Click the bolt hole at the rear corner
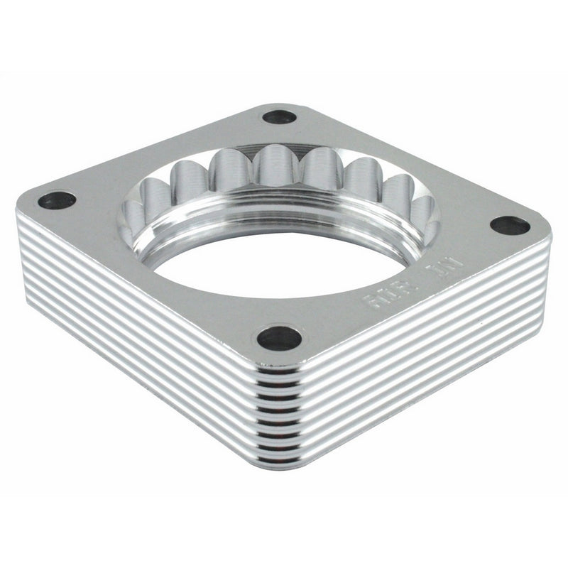[279, 116]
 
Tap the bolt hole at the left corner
[57, 200]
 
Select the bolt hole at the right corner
[510, 226]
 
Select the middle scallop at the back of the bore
[275, 167]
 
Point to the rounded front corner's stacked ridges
[280, 412]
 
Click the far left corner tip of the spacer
[17, 210]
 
